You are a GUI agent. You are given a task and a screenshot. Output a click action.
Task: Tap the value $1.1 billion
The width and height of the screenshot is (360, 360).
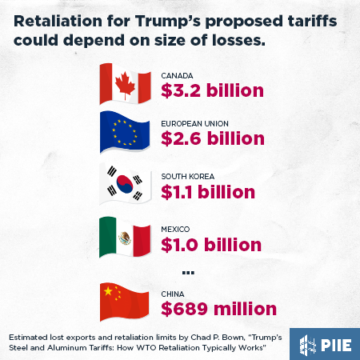(208, 192)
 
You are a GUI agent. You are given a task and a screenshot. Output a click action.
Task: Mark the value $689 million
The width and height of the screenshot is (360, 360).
(218, 308)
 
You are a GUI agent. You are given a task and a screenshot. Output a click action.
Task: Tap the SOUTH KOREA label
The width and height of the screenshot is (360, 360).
(188, 175)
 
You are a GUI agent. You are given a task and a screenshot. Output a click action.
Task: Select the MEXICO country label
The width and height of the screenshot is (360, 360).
(176, 228)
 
